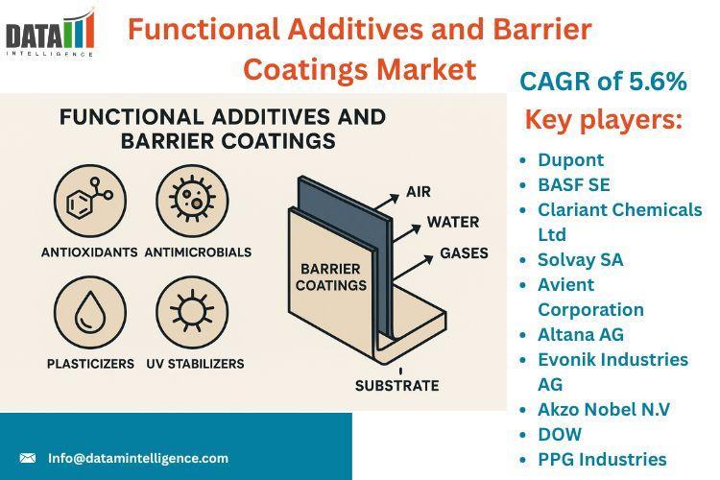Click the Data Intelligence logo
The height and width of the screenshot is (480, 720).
coord(50,34)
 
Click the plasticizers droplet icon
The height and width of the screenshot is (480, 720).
coord(90,313)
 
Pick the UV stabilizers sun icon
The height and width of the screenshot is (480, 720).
coord(191,313)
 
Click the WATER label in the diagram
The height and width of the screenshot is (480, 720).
coord(453,222)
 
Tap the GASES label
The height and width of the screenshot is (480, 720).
coord(464,253)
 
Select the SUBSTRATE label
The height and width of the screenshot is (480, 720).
coord(396,386)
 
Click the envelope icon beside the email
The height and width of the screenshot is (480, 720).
coord(28,458)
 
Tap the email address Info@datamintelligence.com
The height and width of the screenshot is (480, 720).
coord(138,458)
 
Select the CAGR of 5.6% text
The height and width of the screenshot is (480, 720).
coord(603,83)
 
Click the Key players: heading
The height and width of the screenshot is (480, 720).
coord(603,121)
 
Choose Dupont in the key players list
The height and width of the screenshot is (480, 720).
coord(570,159)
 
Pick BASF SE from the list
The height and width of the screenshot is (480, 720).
coord(573,184)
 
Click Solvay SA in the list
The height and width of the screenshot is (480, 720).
coord(580,259)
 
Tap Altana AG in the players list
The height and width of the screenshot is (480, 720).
coord(580,334)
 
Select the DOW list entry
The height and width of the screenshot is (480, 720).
coord(560,434)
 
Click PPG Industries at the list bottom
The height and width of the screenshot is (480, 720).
coord(602,459)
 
